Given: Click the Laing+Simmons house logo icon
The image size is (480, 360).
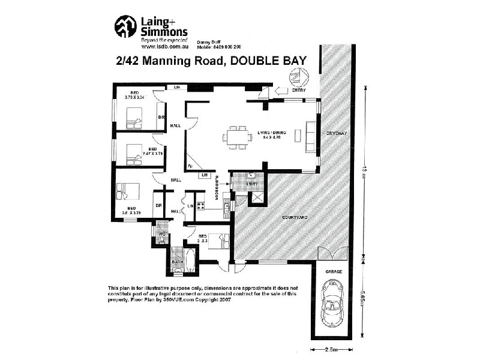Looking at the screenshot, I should [125, 27].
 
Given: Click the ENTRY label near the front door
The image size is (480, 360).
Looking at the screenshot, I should [298, 91].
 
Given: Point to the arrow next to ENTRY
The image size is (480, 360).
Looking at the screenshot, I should [280, 92].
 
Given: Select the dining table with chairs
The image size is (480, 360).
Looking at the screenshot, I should [237, 137].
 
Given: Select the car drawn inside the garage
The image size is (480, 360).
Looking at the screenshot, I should [333, 303].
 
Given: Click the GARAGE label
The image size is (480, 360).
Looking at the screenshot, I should [334, 272].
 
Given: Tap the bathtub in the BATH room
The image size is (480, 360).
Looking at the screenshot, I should [190, 262].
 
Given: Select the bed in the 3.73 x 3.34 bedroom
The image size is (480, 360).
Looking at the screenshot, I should [134, 118].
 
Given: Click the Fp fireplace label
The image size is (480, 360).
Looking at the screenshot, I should [190, 166].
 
